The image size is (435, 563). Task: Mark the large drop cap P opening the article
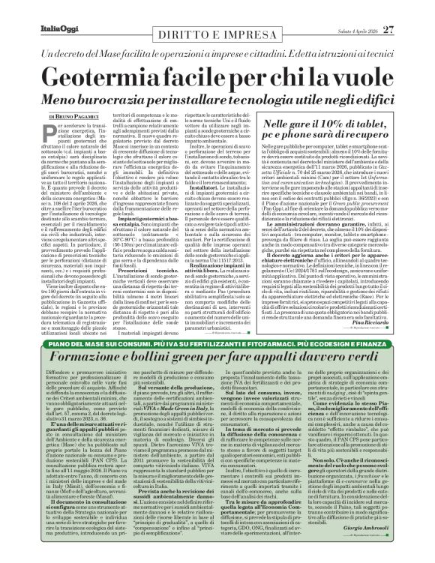coord(52,132)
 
